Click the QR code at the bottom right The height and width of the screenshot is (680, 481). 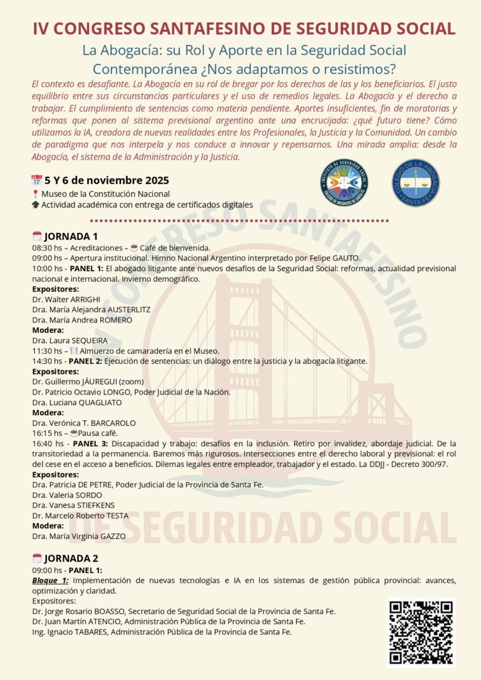(x=420, y=632)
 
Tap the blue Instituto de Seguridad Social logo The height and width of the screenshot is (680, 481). (x=344, y=183)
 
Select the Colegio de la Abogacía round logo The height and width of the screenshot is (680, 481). (x=416, y=183)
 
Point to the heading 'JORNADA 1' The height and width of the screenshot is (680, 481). (x=71, y=236)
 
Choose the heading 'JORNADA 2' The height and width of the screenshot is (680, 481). (x=71, y=558)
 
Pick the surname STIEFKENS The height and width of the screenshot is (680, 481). (x=95, y=505)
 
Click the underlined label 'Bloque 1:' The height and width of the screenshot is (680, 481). (x=50, y=580)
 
